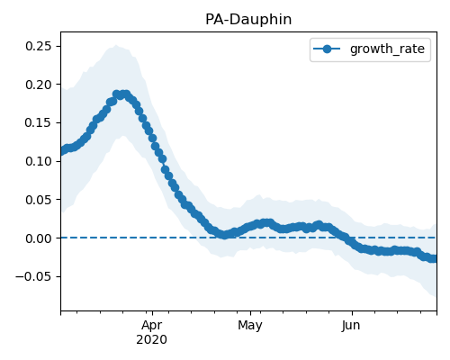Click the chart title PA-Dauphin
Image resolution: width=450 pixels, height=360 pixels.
click(x=248, y=20)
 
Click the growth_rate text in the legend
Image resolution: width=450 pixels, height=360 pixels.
click(x=387, y=49)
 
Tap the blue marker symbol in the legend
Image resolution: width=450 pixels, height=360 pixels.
click(x=327, y=49)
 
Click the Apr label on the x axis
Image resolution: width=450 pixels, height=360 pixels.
click(x=152, y=325)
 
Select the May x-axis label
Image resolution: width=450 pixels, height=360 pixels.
click(x=250, y=325)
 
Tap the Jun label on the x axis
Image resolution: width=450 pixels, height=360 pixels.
click(x=351, y=325)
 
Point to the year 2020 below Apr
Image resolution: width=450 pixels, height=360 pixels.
click(x=152, y=339)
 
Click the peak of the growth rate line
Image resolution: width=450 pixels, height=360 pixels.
click(x=121, y=94)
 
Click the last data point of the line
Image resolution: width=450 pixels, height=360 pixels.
click(x=434, y=258)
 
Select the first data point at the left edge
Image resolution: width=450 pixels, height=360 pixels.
click(x=62, y=151)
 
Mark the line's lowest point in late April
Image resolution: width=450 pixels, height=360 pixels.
click(x=224, y=235)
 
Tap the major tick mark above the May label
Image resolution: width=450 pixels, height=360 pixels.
click(x=250, y=313)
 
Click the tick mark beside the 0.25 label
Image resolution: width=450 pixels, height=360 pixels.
click(x=58, y=46)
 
